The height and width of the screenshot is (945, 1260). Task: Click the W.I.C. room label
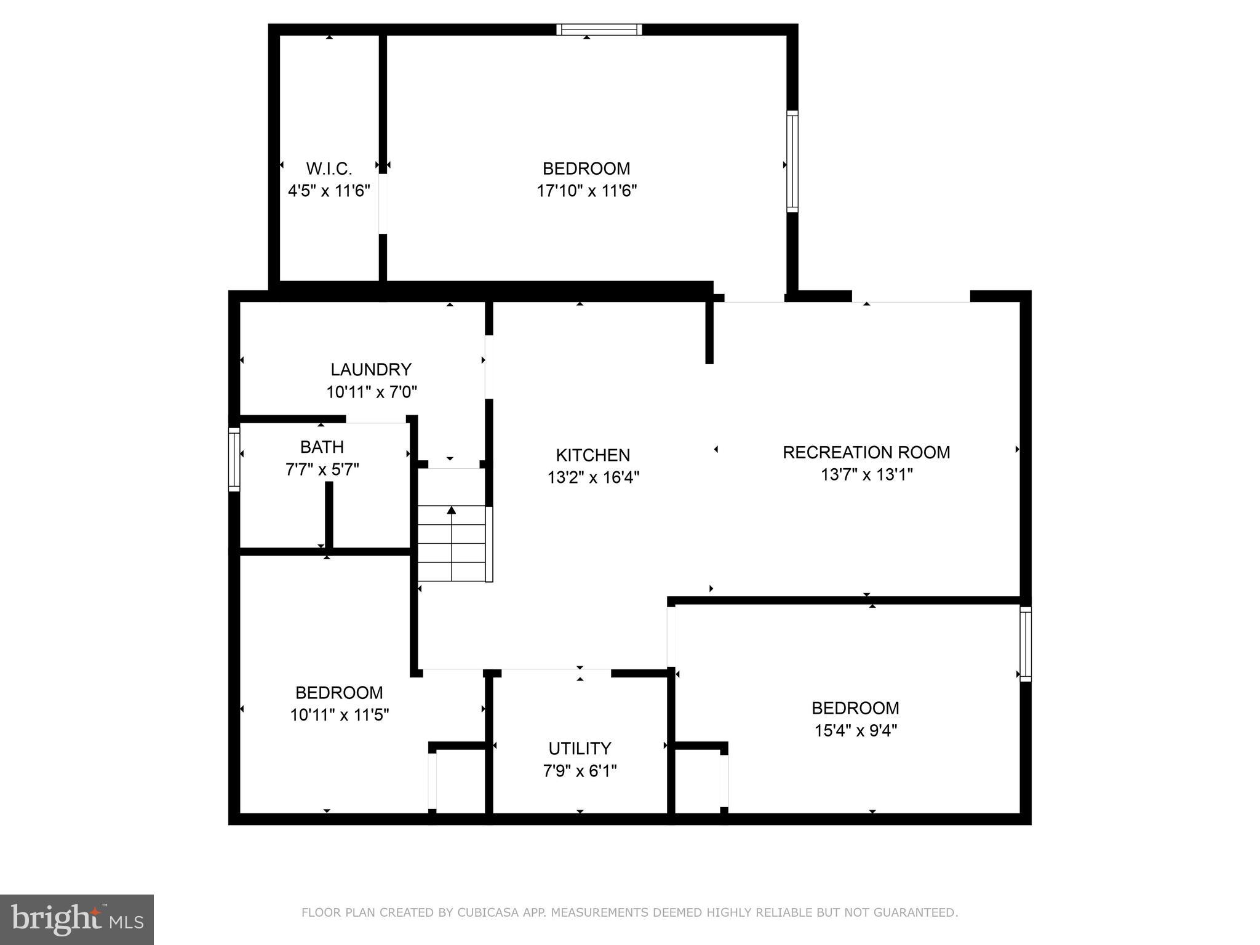(x=329, y=169)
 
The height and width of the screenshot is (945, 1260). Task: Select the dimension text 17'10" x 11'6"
(x=586, y=191)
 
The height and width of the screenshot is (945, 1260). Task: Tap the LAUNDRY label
(x=371, y=370)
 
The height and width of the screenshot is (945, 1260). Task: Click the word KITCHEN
(x=593, y=455)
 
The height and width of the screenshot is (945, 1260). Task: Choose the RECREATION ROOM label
(x=866, y=453)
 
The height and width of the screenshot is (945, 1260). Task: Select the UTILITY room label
(x=580, y=749)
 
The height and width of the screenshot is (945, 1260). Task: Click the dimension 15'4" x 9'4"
(x=855, y=731)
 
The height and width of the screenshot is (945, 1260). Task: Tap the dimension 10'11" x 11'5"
(x=340, y=715)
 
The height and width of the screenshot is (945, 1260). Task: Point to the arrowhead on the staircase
(x=452, y=509)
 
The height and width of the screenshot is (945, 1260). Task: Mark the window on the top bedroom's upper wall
(x=599, y=30)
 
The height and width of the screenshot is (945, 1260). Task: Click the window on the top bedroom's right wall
(x=792, y=162)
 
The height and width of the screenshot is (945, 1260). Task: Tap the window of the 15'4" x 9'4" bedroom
(x=1026, y=644)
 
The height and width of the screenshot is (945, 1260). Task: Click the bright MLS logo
(x=77, y=920)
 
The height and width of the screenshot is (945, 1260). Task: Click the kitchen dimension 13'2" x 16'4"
(x=593, y=477)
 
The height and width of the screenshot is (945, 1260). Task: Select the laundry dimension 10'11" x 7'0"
(x=372, y=392)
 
